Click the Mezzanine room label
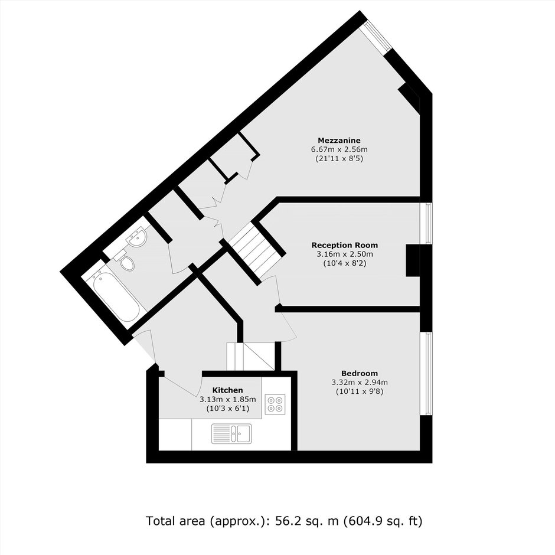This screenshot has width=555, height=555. [339, 141]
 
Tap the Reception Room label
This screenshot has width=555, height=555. [344, 245]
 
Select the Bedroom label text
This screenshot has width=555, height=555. [359, 373]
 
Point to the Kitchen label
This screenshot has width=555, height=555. [227, 390]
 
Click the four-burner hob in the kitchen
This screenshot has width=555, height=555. [275, 404]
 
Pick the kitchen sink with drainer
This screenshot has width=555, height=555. [231, 433]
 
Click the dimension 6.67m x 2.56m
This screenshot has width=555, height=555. [339, 149]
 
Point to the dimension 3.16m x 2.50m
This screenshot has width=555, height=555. [344, 254]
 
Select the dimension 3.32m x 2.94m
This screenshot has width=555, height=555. [359, 382]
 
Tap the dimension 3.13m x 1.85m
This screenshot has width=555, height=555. [227, 399]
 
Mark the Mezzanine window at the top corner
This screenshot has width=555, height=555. [376, 37]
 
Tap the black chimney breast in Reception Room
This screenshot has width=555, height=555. [412, 260]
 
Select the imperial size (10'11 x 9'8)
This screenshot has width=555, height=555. [359, 391]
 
